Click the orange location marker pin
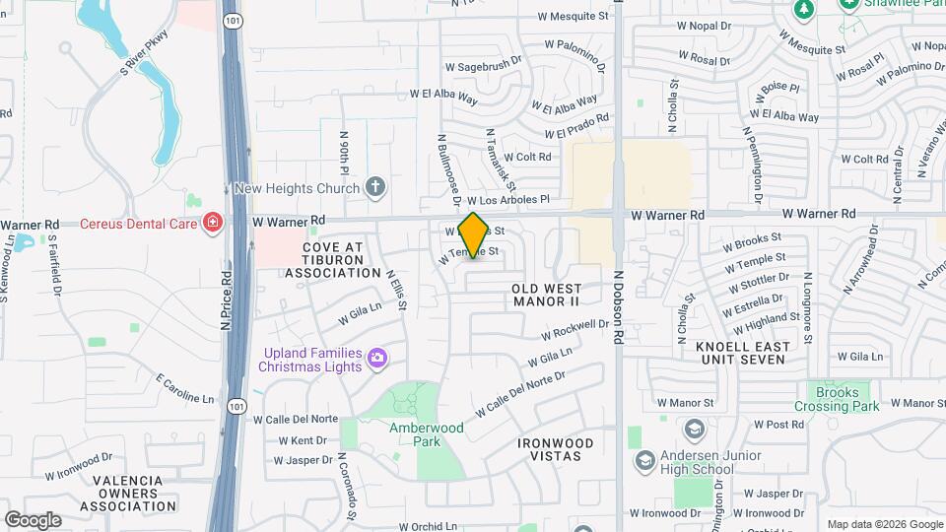pos(473,235)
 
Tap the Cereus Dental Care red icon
pos(211,224)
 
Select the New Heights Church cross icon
pos(374,186)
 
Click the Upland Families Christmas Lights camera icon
pos(375,358)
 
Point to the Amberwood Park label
pos(426,434)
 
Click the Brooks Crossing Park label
pos(838,399)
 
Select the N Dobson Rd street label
pos(619,307)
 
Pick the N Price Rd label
pos(226,300)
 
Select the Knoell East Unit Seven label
pos(742,354)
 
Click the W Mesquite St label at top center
pos(574,16)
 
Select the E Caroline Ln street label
pos(184,388)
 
